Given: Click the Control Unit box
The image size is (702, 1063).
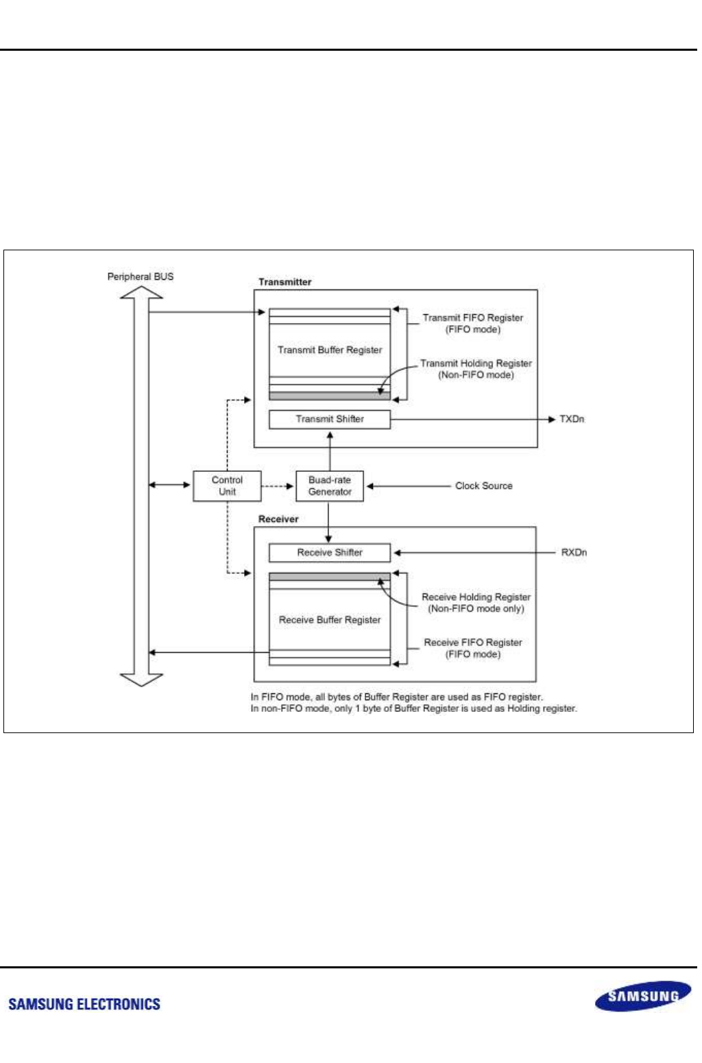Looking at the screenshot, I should point(227,486).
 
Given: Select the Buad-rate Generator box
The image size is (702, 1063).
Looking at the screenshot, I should point(330,486).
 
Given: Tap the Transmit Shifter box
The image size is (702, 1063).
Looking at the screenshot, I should point(330,419).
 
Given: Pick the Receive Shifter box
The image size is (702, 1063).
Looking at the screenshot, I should point(330,553).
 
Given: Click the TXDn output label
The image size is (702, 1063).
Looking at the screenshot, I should point(572,419).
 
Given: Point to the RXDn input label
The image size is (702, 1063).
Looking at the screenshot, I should point(574,553).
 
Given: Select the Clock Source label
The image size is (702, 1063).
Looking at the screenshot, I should point(483,486).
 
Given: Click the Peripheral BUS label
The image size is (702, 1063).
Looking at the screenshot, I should point(141,276).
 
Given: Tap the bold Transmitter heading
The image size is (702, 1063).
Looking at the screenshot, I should point(285,282).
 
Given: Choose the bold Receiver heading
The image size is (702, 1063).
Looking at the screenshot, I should point(278,519).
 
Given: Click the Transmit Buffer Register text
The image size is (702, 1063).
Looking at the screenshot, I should point(330,350).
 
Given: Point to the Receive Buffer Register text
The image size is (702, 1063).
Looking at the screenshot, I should point(330,620).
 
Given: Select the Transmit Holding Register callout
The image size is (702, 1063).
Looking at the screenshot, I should point(476,369).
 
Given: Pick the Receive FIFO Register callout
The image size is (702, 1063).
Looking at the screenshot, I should point(473,648).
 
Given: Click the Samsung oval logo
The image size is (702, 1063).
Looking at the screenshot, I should point(643,996).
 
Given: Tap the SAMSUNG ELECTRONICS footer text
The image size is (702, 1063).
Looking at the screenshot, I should point(84,1005).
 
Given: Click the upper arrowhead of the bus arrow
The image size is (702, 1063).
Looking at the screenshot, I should point(141,293).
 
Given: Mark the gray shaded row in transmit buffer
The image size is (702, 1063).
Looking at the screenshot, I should point(330,396).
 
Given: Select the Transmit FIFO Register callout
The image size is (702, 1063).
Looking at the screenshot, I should point(473,323).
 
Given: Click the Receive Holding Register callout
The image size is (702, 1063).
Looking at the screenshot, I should point(476,603).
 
